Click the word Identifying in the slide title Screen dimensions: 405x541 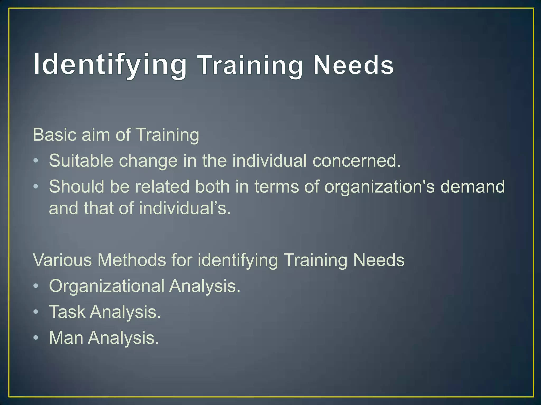tap(110, 65)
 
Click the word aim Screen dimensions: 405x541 tap(96, 135)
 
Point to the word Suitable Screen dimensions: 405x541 tap(81, 161)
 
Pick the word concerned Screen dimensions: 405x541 tap(357, 161)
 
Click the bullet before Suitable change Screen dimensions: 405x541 tap(36, 161)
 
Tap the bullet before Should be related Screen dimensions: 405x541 tap(36, 186)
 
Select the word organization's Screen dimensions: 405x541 tap(379, 187)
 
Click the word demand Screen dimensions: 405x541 tap(473, 186)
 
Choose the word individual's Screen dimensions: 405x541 tap(185, 208)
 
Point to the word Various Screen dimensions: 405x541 tap(62, 260)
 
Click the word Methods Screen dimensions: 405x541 tap(132, 260)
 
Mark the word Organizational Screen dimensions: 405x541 tap(107, 286)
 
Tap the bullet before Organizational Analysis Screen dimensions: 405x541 tap(36, 286)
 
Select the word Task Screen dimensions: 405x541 tap(67, 312)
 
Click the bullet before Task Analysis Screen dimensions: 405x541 tap(36, 312)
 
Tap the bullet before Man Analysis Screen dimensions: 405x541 tap(36, 337)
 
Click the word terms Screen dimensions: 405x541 tap(277, 187)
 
